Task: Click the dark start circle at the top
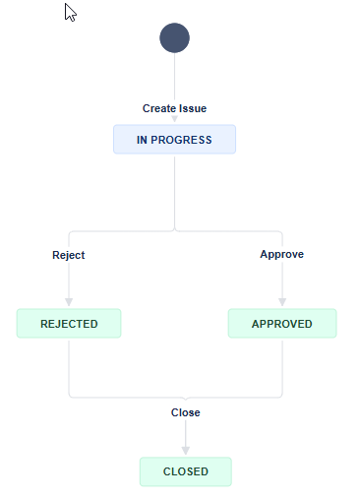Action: coord(174,38)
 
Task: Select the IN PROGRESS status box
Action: coord(174,140)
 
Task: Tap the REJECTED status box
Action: coord(69,324)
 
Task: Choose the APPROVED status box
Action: coord(282,324)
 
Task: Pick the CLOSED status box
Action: coord(185,471)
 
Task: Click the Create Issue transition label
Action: coord(174,108)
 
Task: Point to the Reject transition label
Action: coord(69,255)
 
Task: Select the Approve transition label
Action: coord(281,254)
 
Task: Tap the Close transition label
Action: coord(185,412)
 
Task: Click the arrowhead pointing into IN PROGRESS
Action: coord(174,120)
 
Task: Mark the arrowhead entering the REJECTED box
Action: coord(69,303)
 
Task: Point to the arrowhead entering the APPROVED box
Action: coord(282,303)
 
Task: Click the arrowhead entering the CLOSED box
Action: coord(185,452)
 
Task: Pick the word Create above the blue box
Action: coord(158,108)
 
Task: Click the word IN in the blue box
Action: coord(142,140)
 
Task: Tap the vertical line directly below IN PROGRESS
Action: coord(174,192)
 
